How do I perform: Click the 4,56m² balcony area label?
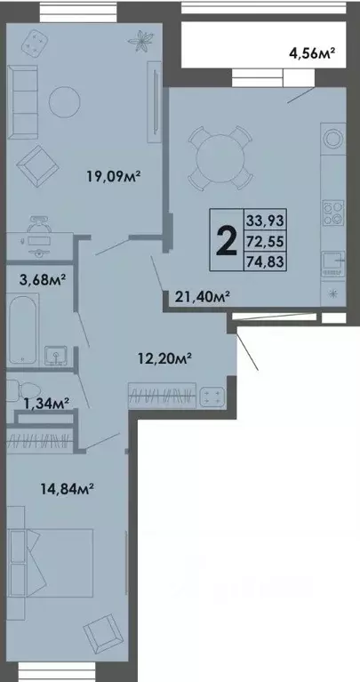pos(312,54)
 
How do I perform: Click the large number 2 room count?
pos(227,239)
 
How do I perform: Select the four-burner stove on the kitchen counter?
pos(333,213)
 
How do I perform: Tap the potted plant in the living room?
pos(140,39)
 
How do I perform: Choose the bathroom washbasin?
pos(59,357)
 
